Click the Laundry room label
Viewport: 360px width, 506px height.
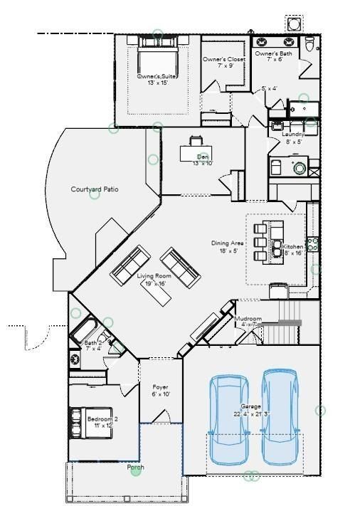(x=293, y=134)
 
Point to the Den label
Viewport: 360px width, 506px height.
(x=203, y=157)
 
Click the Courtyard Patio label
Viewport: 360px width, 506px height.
(x=94, y=189)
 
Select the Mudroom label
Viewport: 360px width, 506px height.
(x=248, y=318)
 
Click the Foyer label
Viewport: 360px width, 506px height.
(x=160, y=387)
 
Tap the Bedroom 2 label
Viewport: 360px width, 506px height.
(x=102, y=419)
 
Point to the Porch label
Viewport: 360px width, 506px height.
(x=135, y=468)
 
